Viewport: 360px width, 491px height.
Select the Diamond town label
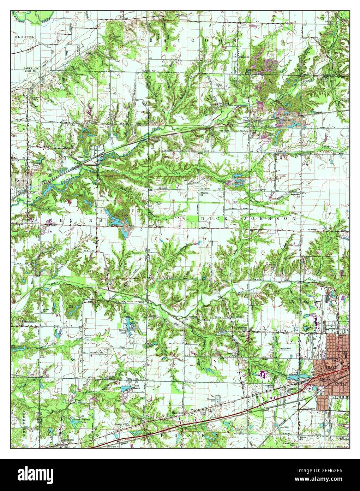[x=244, y=57]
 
